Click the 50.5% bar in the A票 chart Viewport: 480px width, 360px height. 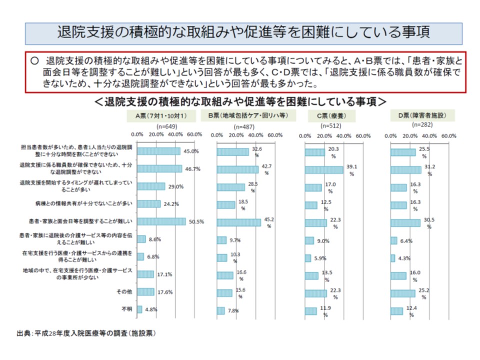point(161,221)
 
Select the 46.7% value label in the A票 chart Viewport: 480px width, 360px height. point(192,169)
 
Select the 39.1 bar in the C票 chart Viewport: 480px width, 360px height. point(324,169)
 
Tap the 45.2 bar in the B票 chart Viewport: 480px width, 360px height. point(238,222)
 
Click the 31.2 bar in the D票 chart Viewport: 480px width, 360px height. point(406,169)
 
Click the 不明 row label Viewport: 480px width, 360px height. point(127,309)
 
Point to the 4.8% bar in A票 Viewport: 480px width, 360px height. point(139,309)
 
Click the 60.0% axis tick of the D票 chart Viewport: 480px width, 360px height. point(449,135)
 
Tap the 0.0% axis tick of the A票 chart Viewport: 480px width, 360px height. point(136,135)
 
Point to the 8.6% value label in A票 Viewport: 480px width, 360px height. point(154,240)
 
